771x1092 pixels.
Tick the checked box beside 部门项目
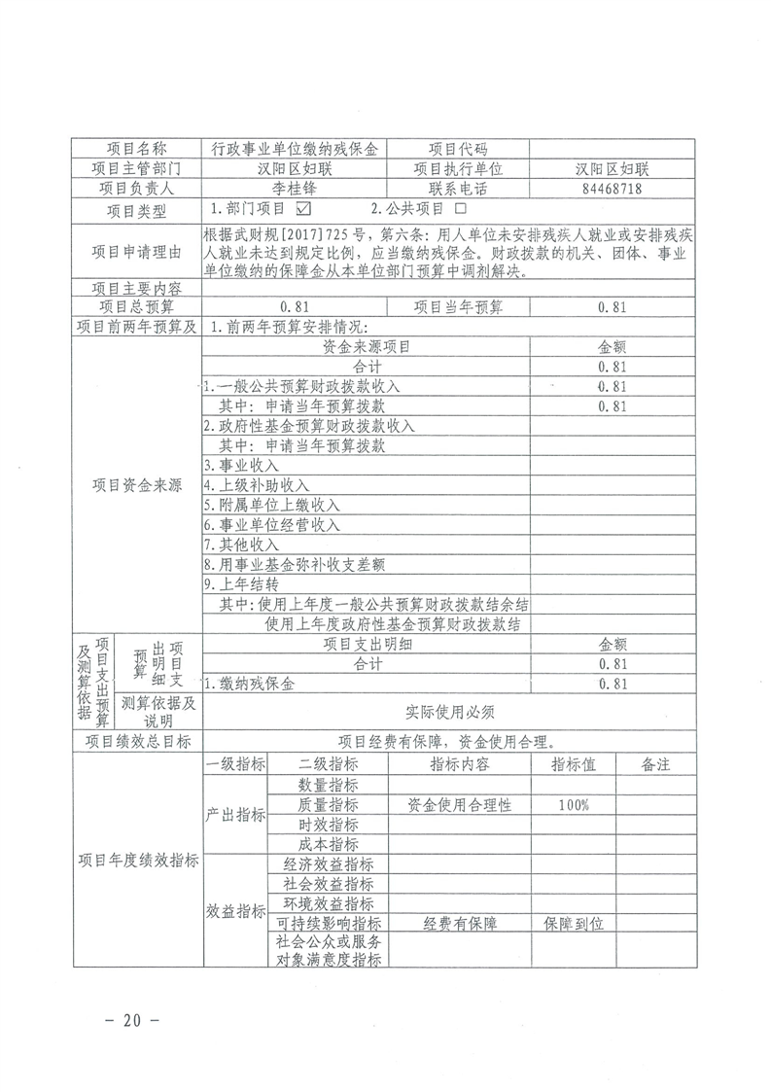(302, 208)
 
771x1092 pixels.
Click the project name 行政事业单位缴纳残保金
(294, 149)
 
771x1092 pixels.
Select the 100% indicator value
(574, 805)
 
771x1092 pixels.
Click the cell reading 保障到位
(574, 923)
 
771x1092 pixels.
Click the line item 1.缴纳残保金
(250, 685)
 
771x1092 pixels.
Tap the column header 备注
(656, 765)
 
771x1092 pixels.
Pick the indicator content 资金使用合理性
(459, 805)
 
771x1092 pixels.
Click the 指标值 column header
(574, 765)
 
